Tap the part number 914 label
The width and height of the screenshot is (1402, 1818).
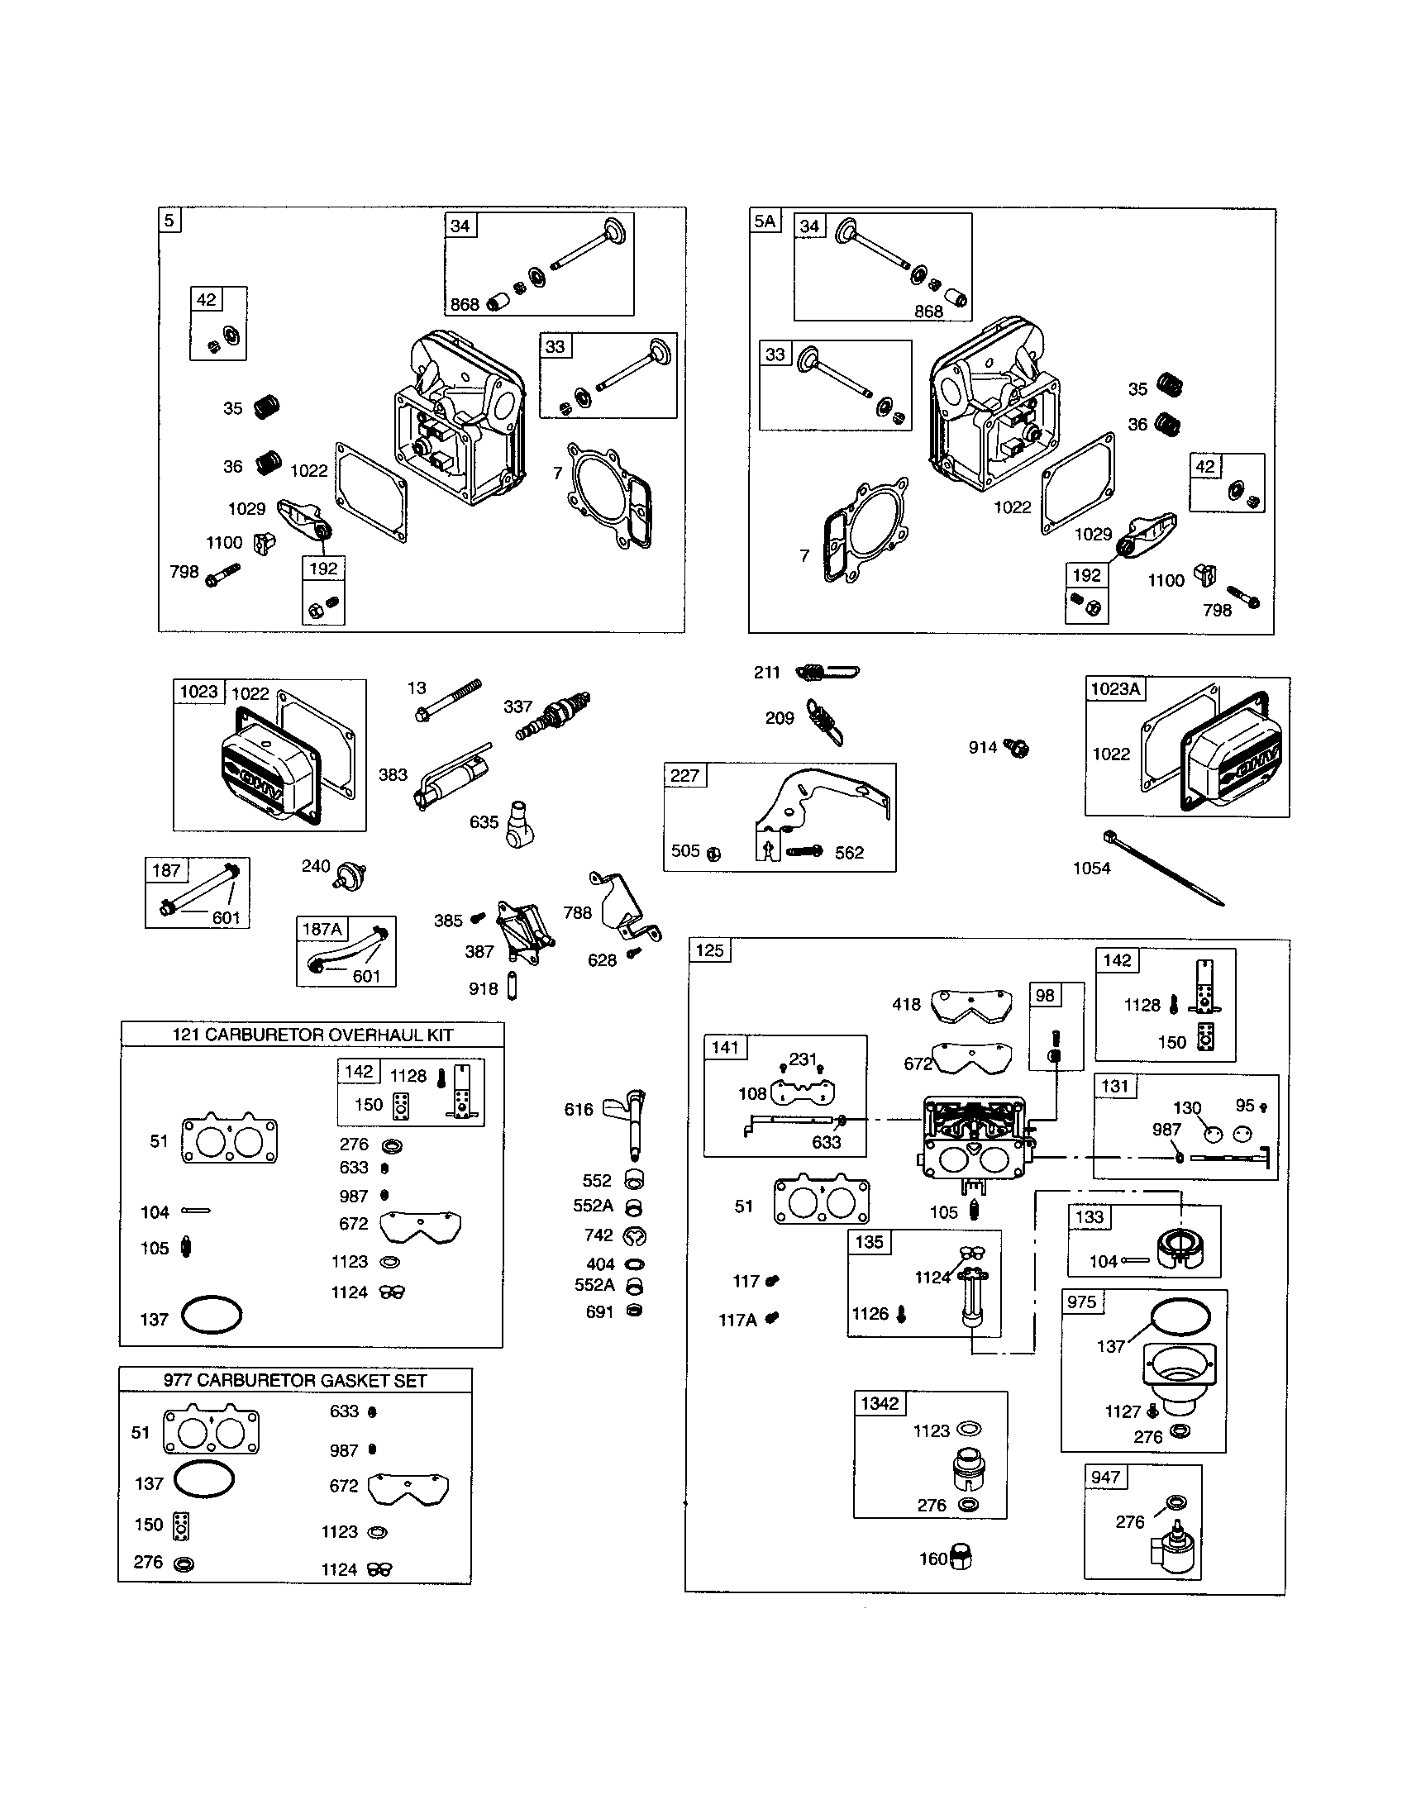982,747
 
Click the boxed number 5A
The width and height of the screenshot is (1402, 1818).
765,221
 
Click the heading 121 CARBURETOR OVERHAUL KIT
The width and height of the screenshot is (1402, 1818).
312,1035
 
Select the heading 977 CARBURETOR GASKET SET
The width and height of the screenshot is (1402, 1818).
295,1380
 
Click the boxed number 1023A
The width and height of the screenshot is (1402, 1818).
1115,688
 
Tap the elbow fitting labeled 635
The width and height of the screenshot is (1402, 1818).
520,825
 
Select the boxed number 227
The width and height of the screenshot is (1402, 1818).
684,775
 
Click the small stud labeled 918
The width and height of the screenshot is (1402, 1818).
512,988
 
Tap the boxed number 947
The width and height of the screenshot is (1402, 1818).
1104,1477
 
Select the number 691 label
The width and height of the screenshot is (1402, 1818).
599,1312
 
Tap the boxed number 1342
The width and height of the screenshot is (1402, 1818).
880,1403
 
